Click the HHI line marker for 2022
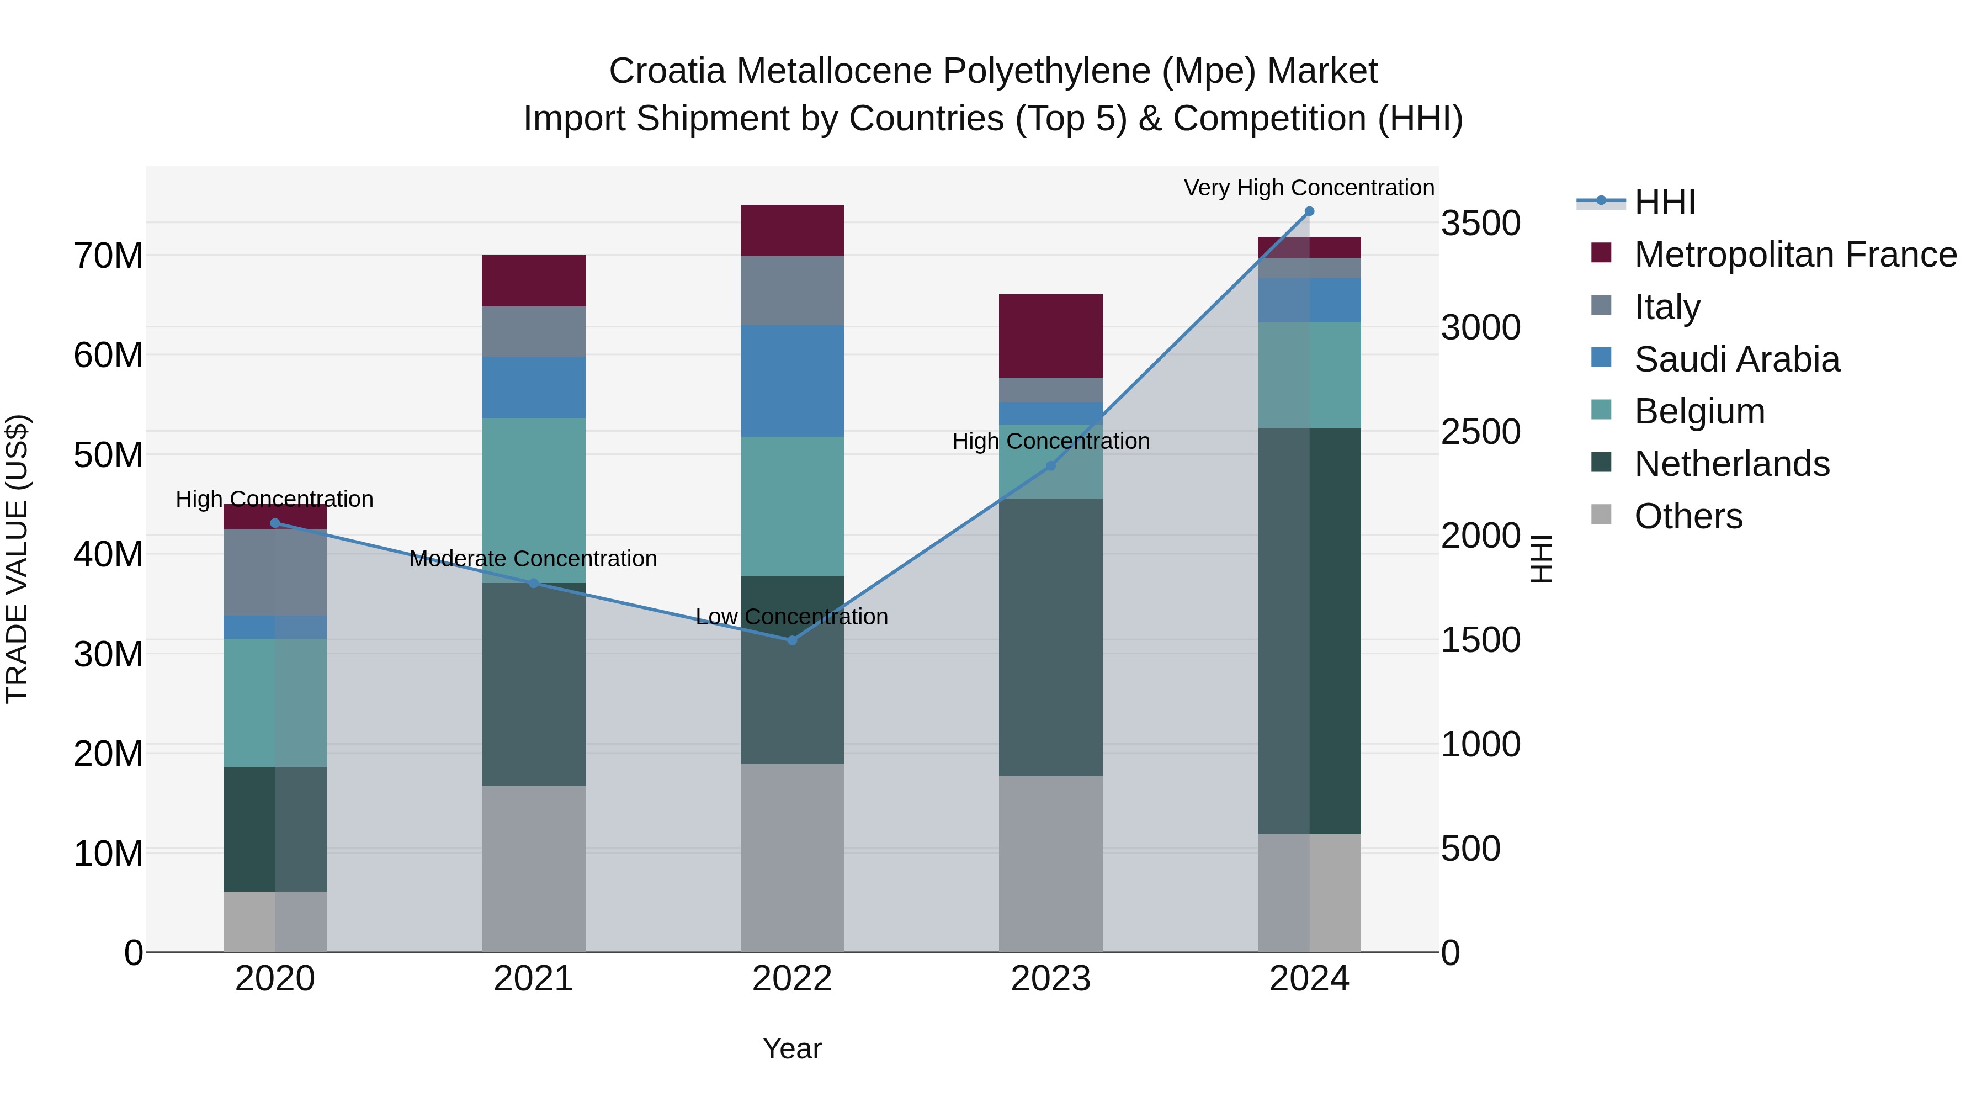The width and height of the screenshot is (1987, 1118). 791,640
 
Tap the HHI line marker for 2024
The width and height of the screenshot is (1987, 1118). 1309,211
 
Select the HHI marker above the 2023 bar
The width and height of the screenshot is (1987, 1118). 1050,465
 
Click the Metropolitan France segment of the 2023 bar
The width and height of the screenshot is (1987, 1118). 1050,336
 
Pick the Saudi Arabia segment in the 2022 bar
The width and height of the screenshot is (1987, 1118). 791,381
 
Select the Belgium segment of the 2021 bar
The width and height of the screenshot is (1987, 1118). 533,500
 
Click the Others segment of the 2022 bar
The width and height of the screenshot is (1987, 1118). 791,857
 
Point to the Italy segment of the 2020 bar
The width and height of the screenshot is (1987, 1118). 275,572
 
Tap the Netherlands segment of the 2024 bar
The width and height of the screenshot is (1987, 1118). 1309,630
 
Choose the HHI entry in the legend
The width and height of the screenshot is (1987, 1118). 1665,202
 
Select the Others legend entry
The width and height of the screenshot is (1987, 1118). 1688,516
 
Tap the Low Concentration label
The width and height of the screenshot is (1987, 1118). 791,617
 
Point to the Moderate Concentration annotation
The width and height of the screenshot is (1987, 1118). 533,559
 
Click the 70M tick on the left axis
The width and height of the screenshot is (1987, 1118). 108,256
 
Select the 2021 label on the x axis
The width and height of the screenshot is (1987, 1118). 533,979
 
